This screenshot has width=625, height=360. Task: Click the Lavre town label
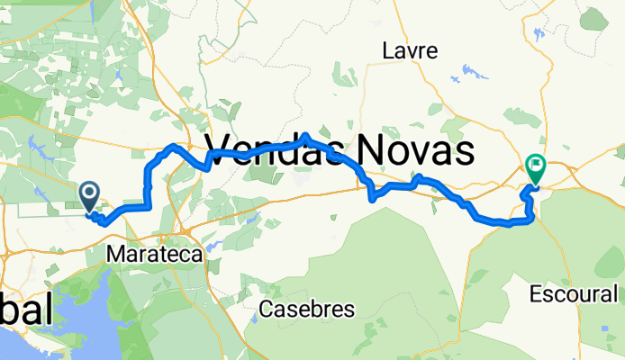(410, 50)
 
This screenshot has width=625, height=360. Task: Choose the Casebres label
(306, 309)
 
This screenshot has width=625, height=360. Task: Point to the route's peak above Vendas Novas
(307, 136)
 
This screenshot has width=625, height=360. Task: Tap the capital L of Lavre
(388, 50)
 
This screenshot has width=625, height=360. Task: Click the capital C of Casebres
(266, 309)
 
